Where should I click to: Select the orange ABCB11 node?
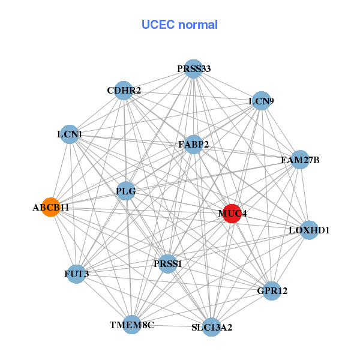51,207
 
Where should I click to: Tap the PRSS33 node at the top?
193,69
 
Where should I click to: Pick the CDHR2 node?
124,91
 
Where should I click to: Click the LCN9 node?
261,101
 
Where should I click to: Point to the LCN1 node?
70,134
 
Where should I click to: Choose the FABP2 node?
193,145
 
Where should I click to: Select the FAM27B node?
300,160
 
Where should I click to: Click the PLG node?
126,191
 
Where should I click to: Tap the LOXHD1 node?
309,230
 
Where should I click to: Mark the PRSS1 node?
168,263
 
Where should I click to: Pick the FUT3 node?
76,274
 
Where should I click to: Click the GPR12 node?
272,291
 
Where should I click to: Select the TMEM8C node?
132,325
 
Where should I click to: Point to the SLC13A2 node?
211,327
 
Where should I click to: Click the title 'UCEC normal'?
179,25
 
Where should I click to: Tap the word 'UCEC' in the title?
158,25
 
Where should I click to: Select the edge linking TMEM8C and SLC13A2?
172,326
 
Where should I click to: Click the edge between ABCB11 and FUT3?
64,241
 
